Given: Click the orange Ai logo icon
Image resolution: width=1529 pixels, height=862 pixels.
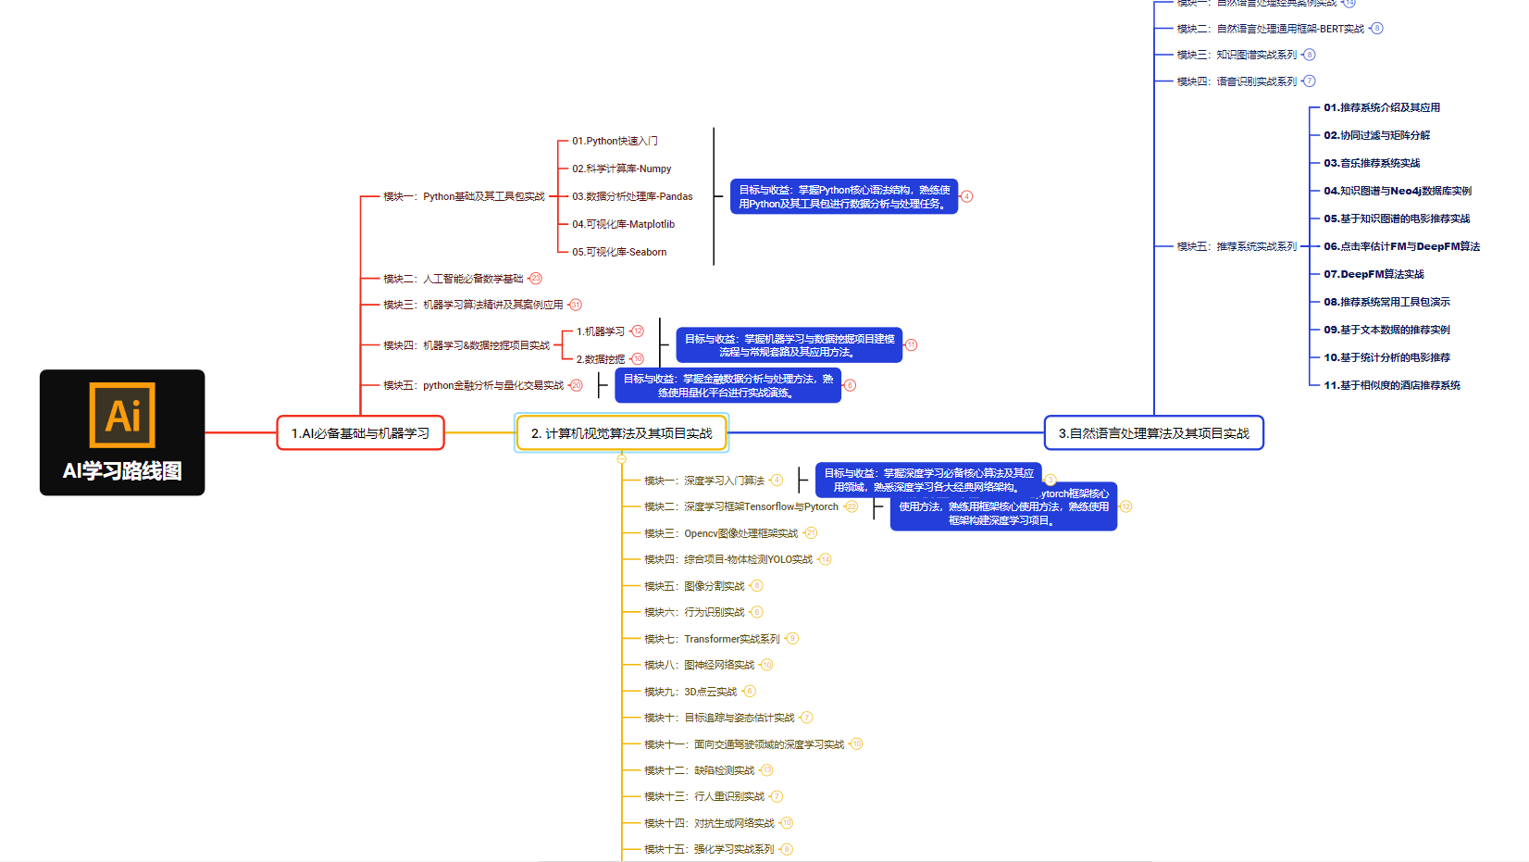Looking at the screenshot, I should pyautogui.click(x=122, y=415).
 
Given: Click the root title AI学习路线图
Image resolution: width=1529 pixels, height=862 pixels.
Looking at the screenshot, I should pyautogui.click(x=122, y=471).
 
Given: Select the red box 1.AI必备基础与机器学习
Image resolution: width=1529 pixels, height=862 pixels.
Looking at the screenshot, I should pyautogui.click(x=361, y=433).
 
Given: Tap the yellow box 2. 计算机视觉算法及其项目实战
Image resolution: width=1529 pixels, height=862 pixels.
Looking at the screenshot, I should pyautogui.click(x=622, y=433).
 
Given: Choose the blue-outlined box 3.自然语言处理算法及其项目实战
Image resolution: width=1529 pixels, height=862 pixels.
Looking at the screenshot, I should pyautogui.click(x=1153, y=433).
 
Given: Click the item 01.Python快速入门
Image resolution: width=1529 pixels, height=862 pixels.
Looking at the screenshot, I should pyautogui.click(x=615, y=141).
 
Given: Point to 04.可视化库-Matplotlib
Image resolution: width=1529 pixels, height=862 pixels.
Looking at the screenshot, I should pyautogui.click(x=623, y=224).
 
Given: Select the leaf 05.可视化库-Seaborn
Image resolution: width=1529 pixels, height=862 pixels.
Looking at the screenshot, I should pyautogui.click(x=619, y=252).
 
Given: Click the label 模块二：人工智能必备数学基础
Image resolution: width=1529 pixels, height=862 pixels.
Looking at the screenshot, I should pyautogui.click(x=454, y=279).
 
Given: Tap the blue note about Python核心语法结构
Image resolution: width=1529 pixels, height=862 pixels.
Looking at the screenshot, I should pyautogui.click(x=844, y=196).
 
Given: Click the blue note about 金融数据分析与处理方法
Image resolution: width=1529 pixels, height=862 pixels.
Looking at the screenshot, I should pyautogui.click(x=728, y=385).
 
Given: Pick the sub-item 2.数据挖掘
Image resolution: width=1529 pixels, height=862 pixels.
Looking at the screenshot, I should pyautogui.click(x=601, y=359).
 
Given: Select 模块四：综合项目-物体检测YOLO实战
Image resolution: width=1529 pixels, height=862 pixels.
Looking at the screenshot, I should pyautogui.click(x=728, y=559).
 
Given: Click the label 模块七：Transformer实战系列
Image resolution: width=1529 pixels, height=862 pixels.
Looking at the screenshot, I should pyautogui.click(x=713, y=639).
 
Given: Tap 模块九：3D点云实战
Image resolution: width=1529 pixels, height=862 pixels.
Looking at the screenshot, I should pyautogui.click(x=690, y=692).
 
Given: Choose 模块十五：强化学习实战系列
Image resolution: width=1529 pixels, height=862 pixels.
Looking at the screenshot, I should pyautogui.click(x=709, y=849).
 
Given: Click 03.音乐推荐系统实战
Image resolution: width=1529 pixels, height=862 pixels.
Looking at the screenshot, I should pyautogui.click(x=1372, y=163).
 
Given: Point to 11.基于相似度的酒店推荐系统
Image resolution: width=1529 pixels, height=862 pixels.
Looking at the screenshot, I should pyautogui.click(x=1392, y=385).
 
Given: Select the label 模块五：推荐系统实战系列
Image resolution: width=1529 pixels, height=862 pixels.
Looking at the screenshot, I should pyautogui.click(x=1237, y=246).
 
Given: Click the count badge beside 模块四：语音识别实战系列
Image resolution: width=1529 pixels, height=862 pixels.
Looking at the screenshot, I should pyautogui.click(x=1310, y=81).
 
